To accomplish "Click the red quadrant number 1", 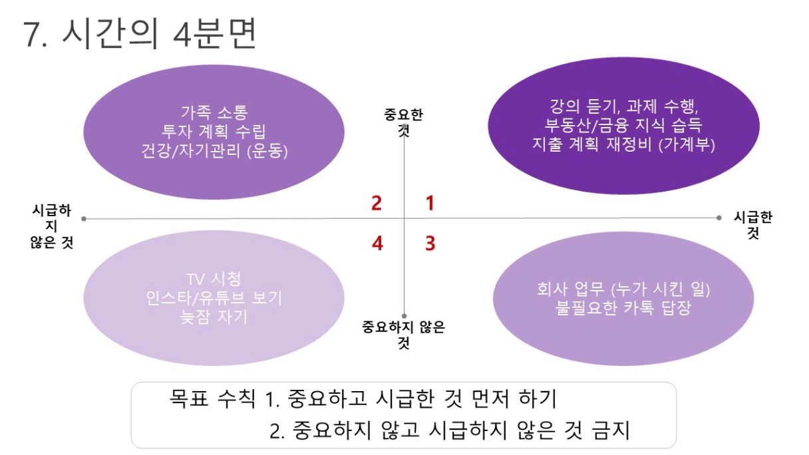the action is click(x=430, y=203).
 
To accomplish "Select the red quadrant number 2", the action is click(x=377, y=203).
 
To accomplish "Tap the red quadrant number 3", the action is click(x=430, y=243).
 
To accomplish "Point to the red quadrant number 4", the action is click(x=377, y=243).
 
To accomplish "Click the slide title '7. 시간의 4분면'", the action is click(x=140, y=34).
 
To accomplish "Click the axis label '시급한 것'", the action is click(x=753, y=225).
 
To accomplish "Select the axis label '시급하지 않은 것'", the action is click(x=52, y=226).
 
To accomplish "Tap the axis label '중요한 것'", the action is click(x=403, y=122).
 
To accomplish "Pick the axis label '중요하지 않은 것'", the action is click(x=403, y=335).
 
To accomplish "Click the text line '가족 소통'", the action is click(x=214, y=112).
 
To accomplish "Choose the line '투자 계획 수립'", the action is click(x=214, y=132).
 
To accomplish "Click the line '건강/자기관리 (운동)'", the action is click(x=214, y=150).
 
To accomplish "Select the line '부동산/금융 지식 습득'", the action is click(x=623, y=125).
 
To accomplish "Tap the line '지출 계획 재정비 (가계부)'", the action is click(x=624, y=144).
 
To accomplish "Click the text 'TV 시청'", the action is click(x=214, y=279).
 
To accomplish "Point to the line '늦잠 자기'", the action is click(x=214, y=317).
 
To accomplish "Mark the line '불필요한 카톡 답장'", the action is click(x=623, y=308).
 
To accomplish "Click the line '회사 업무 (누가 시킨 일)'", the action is click(x=623, y=289).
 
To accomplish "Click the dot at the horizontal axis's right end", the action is click(x=719, y=218).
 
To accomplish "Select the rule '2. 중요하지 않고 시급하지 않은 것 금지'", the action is click(x=450, y=430).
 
